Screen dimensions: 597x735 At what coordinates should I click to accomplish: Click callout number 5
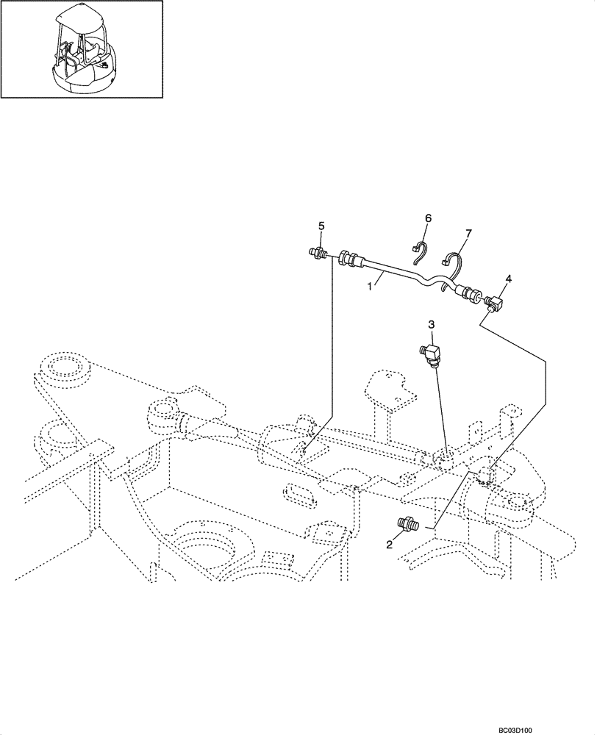pos(321,226)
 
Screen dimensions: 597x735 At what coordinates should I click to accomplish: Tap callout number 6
pos(428,218)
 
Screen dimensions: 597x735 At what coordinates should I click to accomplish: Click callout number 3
pos(432,323)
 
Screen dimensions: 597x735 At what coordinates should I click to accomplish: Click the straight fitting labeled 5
pos(319,254)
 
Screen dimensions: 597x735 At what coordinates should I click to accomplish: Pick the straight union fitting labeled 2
pos(406,525)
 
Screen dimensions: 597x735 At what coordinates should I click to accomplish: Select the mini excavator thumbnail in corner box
pos(82,49)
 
